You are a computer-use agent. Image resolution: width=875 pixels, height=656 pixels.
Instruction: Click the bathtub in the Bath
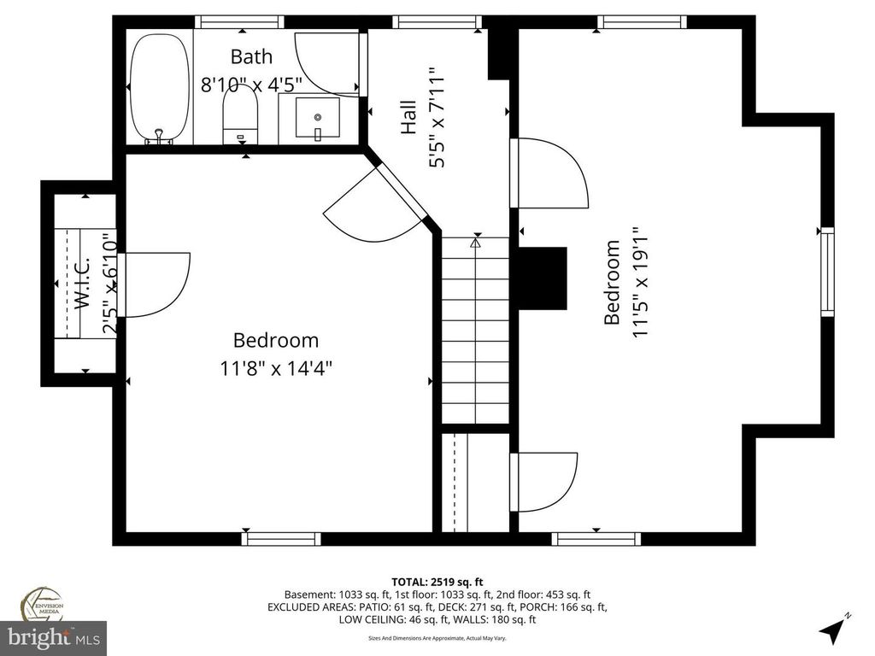pyautogui.click(x=159, y=88)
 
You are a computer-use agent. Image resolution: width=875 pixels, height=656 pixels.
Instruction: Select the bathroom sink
pyautogui.click(x=317, y=118)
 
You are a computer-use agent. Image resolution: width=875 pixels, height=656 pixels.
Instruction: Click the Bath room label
pyautogui.click(x=251, y=57)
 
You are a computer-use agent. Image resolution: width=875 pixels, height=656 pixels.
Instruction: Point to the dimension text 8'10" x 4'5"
pyautogui.click(x=251, y=85)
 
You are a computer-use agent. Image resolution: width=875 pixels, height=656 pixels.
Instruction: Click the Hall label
pyautogui.click(x=409, y=118)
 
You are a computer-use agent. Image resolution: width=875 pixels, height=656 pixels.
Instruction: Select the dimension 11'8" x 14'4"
pyautogui.click(x=275, y=368)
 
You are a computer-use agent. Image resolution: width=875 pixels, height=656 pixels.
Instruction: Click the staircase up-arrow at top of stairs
pyautogui.click(x=476, y=243)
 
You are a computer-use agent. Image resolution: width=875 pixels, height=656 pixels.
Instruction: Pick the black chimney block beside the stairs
pyautogui.click(x=542, y=278)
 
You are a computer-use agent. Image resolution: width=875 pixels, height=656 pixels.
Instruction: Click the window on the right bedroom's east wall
pyautogui.click(x=826, y=272)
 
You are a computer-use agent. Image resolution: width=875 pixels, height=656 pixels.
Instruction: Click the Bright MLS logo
pyautogui.click(x=53, y=637)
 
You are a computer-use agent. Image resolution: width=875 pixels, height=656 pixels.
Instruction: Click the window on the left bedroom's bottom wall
pyautogui.click(x=281, y=538)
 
